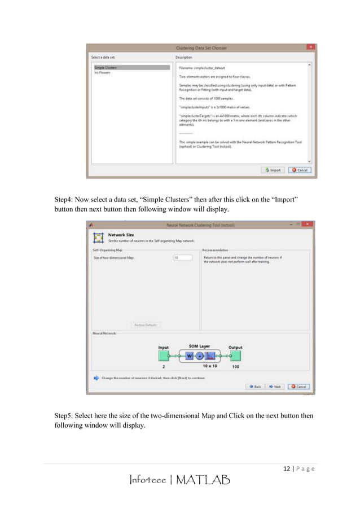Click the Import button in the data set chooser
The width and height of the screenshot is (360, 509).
click(273, 170)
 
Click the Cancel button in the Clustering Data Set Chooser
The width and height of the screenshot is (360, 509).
click(299, 170)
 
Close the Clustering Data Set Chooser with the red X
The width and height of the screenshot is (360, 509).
click(310, 46)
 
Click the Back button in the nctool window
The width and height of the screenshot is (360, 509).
click(254, 387)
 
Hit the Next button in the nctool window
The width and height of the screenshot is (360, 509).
click(275, 387)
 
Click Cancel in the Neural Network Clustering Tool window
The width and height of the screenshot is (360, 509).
click(298, 387)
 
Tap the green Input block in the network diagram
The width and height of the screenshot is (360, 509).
click(164, 356)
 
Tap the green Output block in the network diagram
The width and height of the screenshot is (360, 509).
click(235, 356)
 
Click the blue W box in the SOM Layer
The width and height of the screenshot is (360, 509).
click(189, 356)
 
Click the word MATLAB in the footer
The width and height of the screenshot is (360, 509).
click(203, 481)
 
